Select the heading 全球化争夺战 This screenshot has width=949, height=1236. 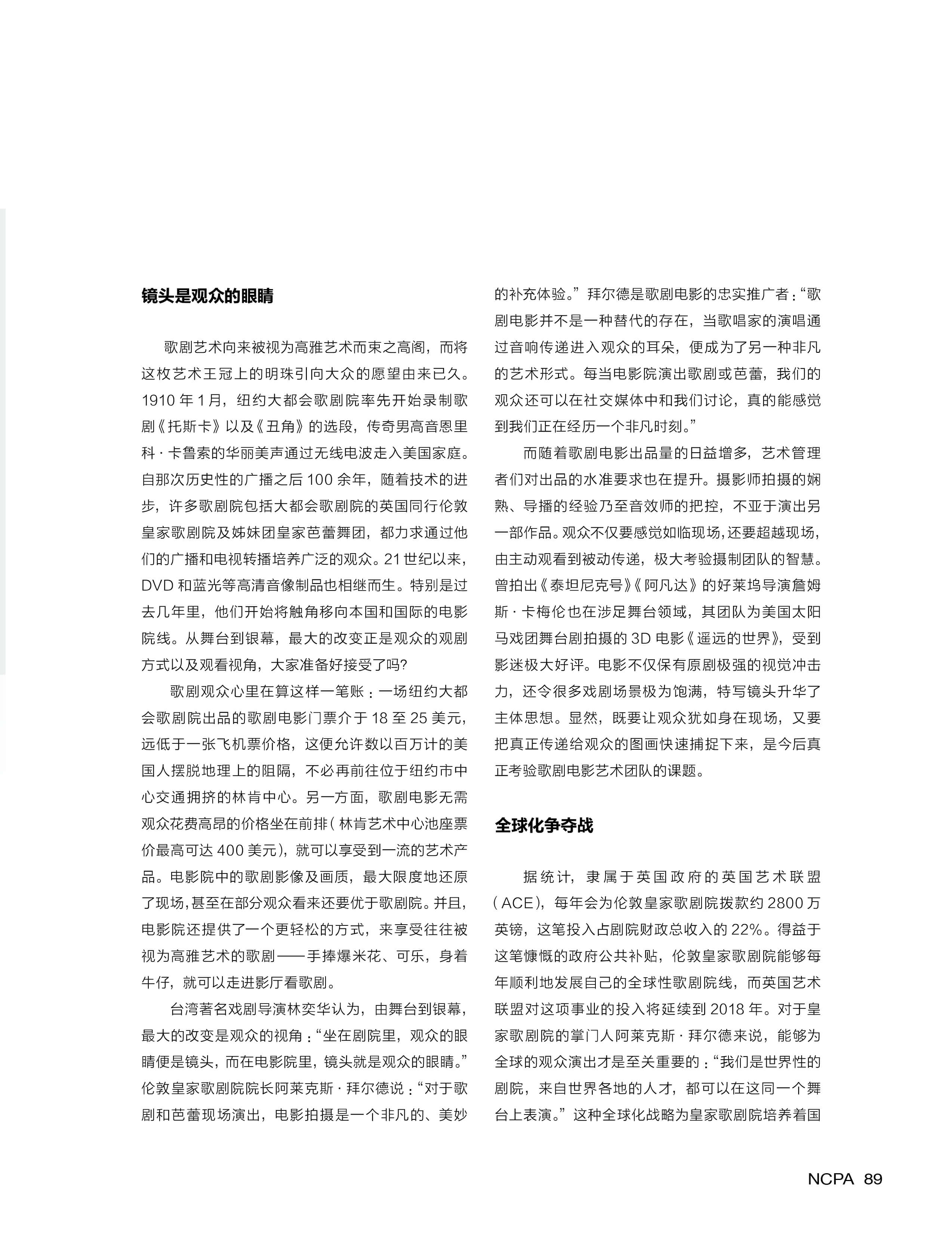(x=543, y=825)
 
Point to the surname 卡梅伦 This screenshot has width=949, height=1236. (x=546, y=612)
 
